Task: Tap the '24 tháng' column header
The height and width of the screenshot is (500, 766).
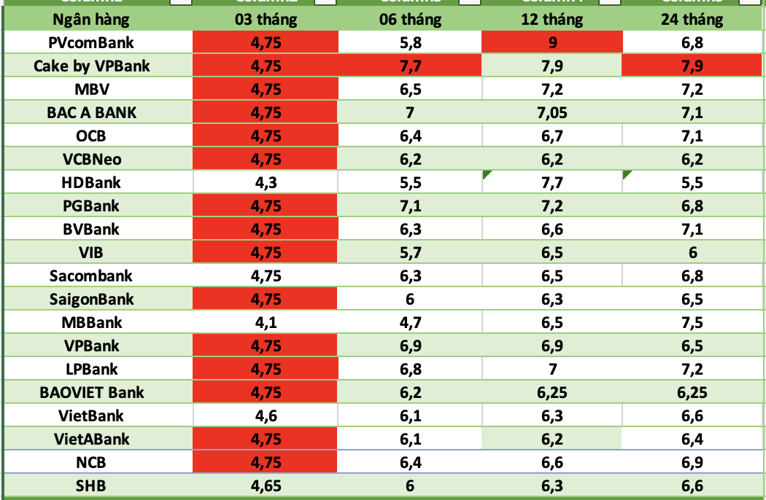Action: tap(692, 20)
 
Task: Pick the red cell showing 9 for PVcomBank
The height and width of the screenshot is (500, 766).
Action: tap(552, 43)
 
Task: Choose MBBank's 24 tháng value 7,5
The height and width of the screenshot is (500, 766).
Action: tap(692, 323)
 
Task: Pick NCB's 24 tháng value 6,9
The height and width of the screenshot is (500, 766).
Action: tap(692, 463)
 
